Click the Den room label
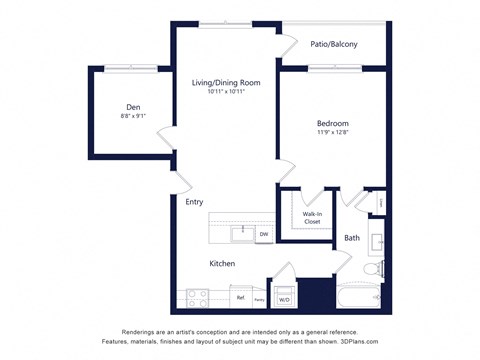133,106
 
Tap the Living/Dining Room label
226,83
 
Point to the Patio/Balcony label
334,44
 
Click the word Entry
194,202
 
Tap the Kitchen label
222,263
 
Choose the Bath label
352,238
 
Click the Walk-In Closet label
312,217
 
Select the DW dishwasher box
264,235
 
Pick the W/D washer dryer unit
284,299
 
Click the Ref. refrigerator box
241,297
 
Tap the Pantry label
259,299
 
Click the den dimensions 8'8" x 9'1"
133,116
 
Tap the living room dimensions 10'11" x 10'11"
226,93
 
